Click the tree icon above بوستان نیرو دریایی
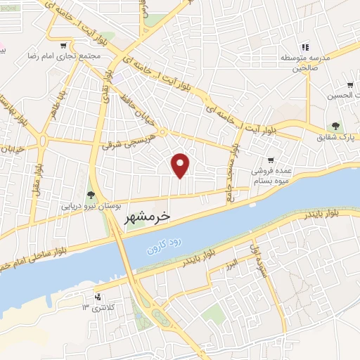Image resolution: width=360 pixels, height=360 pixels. (x=90, y=195)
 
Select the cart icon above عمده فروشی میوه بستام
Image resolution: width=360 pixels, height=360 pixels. (x=271, y=160)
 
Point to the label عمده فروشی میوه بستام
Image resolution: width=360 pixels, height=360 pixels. (x=271, y=175)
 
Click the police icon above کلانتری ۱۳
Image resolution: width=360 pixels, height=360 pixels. (x=98, y=296)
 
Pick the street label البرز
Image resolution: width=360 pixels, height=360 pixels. (x=231, y=264)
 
